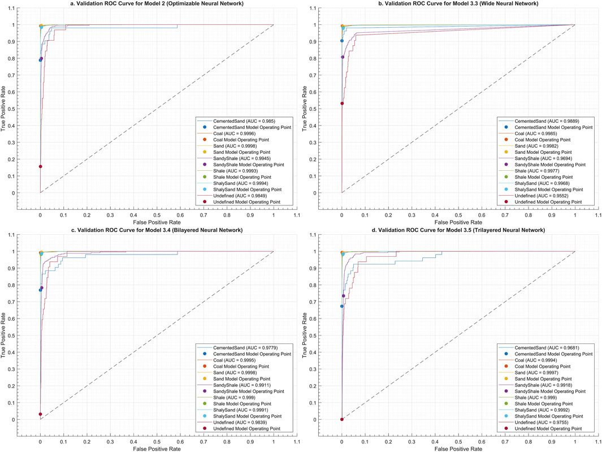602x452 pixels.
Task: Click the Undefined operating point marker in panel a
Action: click(x=40, y=166)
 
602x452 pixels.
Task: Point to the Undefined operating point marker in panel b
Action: click(x=342, y=104)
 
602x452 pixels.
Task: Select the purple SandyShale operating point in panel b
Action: click(x=343, y=57)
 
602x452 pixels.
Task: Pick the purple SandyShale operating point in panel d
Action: click(x=343, y=296)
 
